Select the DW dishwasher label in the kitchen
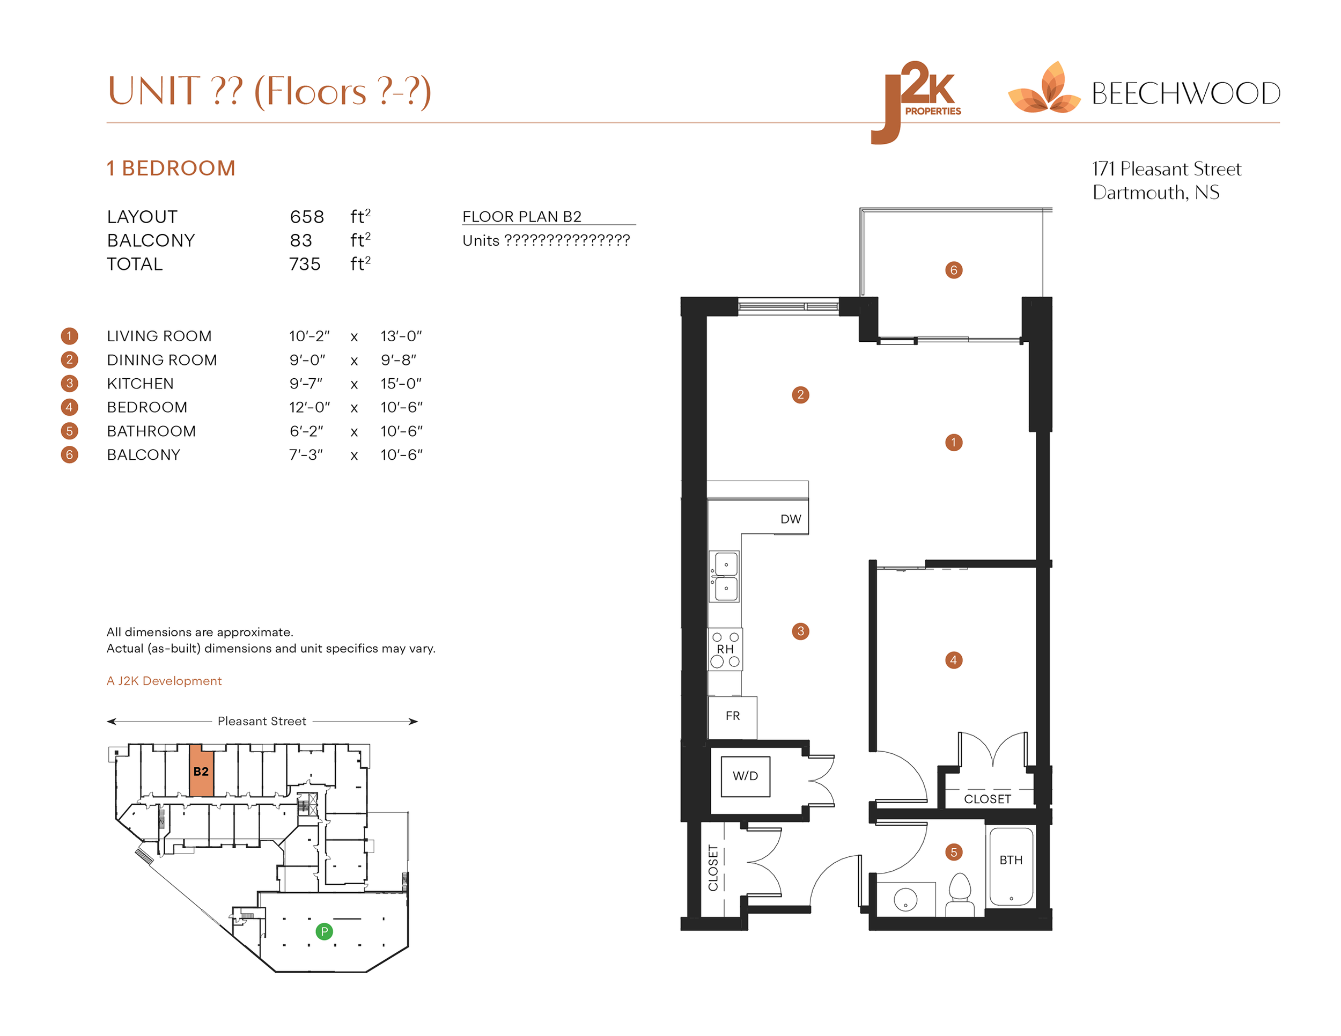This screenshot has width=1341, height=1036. coord(790,519)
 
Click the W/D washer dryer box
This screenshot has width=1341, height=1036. coord(745,776)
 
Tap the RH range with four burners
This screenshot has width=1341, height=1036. coord(725,649)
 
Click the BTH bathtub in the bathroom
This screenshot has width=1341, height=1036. coord(1011,865)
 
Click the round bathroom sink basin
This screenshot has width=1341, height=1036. coord(905,900)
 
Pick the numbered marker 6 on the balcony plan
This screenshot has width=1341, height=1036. coord(954,270)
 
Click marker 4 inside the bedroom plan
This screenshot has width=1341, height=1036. coord(953,660)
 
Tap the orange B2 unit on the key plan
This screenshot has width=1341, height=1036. coord(201,772)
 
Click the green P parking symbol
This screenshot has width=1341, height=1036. coord(324,931)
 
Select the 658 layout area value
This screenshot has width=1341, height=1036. coord(306,217)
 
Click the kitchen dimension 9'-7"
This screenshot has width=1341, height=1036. coord(306,384)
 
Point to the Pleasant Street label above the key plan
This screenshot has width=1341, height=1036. coord(262,721)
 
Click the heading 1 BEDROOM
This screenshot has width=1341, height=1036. coord(171,168)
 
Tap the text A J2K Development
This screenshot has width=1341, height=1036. coord(164,681)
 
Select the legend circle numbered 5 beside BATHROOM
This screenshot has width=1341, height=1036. coord(69,431)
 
